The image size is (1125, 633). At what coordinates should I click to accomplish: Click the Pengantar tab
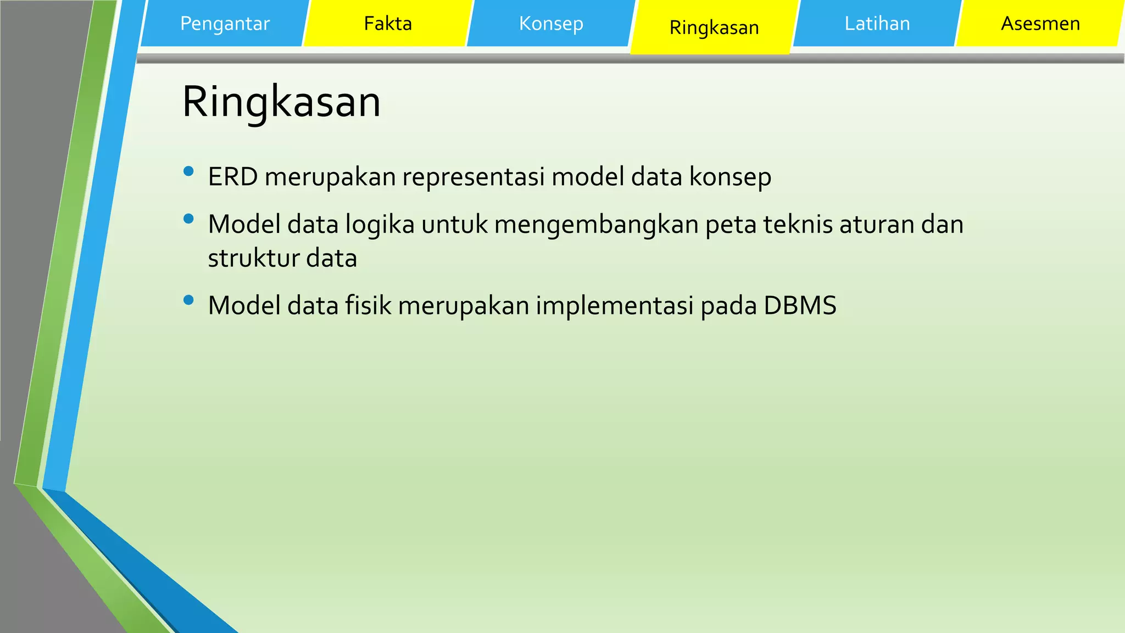click(225, 24)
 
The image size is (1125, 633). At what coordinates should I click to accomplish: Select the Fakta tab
click(388, 24)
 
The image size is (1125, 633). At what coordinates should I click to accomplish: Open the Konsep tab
click(551, 24)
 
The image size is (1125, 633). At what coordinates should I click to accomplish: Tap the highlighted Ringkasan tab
click(714, 27)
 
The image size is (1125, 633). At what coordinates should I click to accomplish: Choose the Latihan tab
click(877, 24)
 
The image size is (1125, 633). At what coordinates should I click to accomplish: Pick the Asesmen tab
click(1040, 24)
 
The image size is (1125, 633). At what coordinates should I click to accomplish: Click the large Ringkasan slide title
click(281, 102)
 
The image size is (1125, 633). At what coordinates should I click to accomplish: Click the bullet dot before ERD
click(188, 171)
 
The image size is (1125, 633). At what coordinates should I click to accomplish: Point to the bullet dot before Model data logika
click(188, 219)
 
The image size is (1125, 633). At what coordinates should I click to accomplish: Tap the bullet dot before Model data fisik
click(188, 300)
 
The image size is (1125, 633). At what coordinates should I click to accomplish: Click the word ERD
click(233, 177)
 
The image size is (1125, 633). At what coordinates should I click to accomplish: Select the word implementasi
click(615, 306)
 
